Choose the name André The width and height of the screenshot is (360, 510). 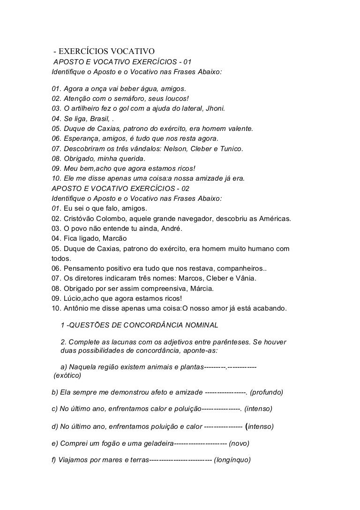(177, 228)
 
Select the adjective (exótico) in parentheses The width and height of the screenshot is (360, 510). (67, 376)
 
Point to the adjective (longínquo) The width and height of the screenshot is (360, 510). (232, 459)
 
